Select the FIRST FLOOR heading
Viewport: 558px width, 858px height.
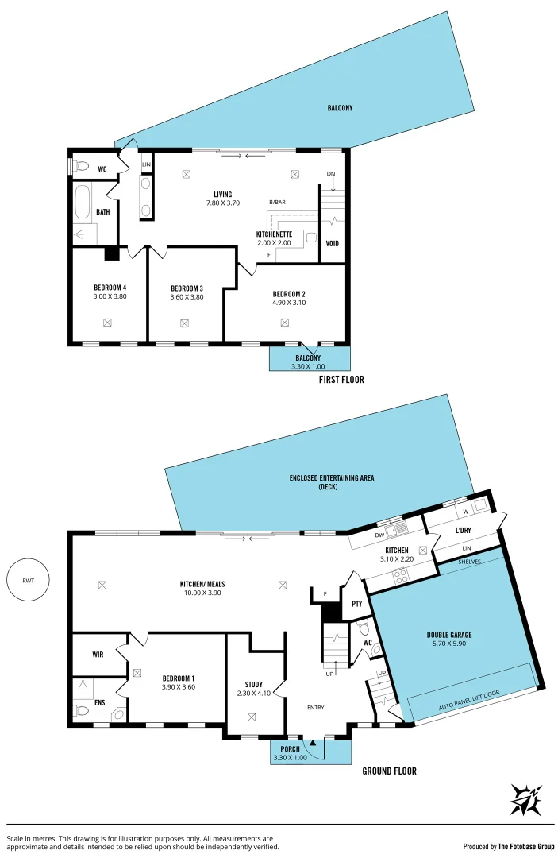(341, 380)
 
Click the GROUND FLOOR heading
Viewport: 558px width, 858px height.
(389, 771)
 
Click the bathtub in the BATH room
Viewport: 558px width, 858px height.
(83, 203)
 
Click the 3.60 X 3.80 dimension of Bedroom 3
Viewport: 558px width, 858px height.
(187, 297)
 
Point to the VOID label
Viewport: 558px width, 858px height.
(333, 243)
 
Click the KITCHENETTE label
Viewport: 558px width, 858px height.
(275, 234)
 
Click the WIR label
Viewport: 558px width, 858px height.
(98, 655)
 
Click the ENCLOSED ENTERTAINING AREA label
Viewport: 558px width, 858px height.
(332, 478)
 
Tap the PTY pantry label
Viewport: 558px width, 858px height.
(356, 604)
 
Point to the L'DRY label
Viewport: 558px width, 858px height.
(464, 529)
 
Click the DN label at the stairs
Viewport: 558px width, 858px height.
(331, 174)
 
